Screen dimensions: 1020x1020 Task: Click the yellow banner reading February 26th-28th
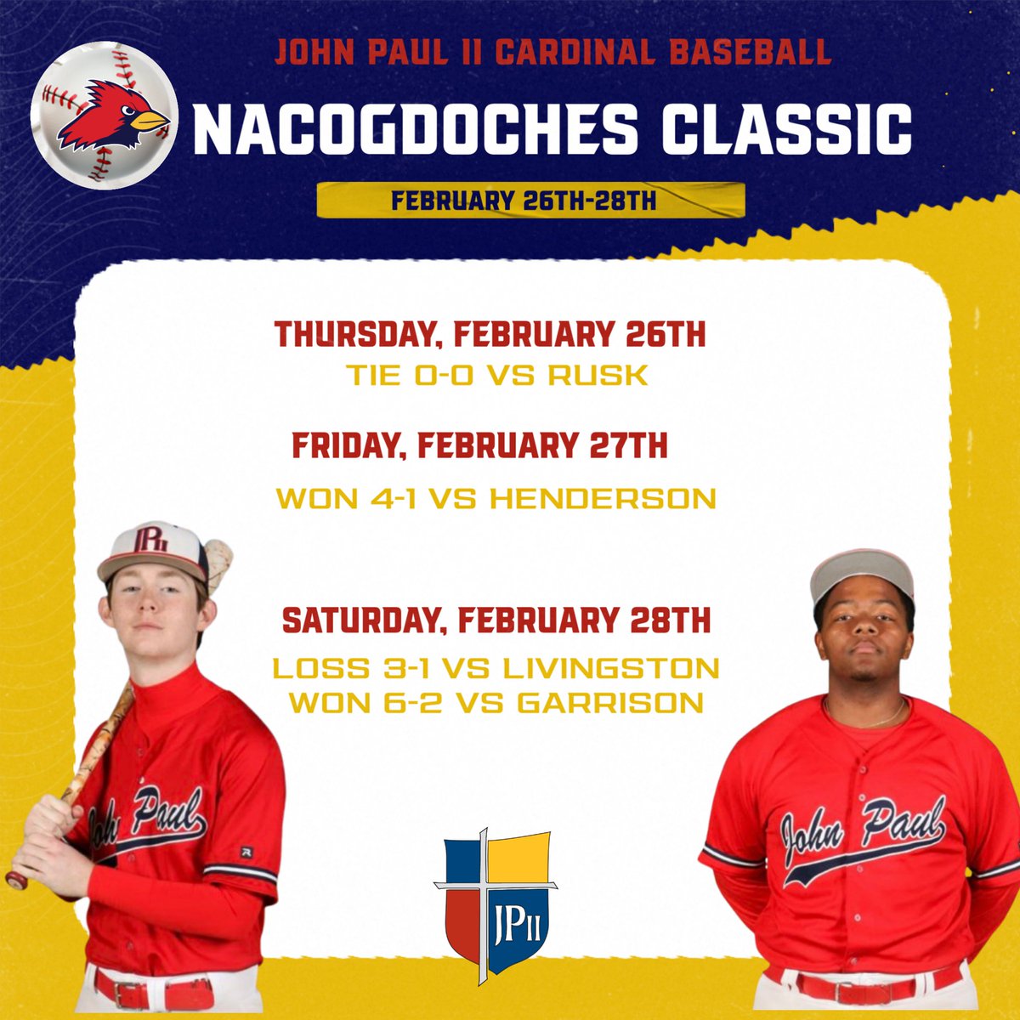[x=530, y=201]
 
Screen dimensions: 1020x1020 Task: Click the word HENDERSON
[x=603, y=499]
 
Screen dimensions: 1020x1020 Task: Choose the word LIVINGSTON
[x=611, y=667]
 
